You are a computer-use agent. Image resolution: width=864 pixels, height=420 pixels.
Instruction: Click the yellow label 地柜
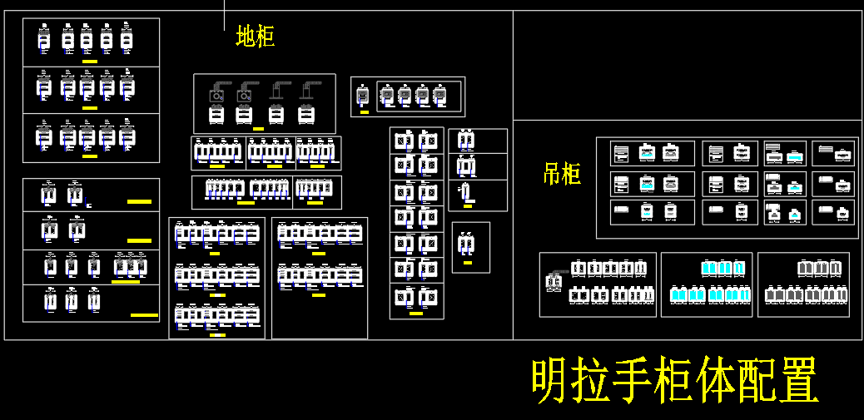[256, 37]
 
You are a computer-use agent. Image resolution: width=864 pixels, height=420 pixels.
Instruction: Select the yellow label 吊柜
[562, 174]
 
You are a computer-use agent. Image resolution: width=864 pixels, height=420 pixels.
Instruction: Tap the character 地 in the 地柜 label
[246, 37]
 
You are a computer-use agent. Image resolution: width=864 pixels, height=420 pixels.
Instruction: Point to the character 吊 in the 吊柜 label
[552, 174]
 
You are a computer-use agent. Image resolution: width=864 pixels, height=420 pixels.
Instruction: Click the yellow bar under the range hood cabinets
[258, 129]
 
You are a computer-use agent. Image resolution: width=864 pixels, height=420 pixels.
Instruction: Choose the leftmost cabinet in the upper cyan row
[708, 269]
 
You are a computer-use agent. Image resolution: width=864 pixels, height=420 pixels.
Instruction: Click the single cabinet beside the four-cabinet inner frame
[362, 96]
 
